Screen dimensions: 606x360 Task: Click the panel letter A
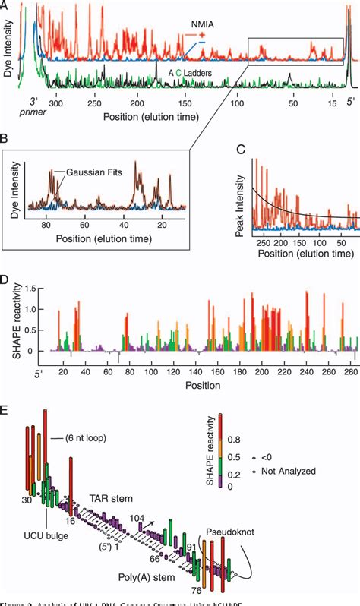tap(5, 5)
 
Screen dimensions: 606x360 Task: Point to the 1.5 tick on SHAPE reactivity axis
tap(36, 289)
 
